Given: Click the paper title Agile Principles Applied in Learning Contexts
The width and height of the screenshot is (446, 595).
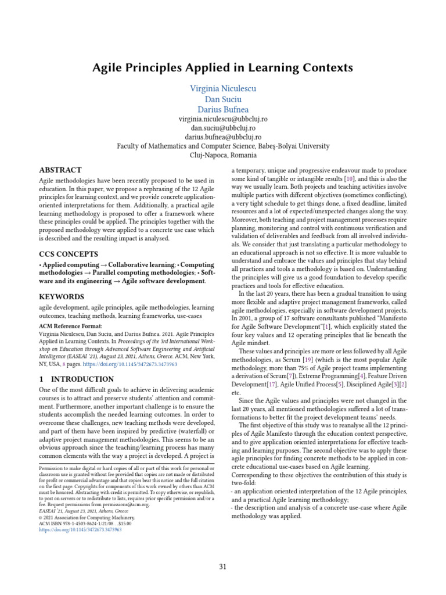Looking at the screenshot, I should pyautogui.click(x=223, y=68).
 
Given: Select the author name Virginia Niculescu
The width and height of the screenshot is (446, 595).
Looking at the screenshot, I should pyautogui.click(x=223, y=89).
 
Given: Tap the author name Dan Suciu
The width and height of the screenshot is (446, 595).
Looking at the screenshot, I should pyautogui.click(x=223, y=99).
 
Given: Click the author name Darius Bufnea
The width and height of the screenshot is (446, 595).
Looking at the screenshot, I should pyautogui.click(x=223, y=110).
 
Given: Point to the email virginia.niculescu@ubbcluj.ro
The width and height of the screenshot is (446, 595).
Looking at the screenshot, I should pyautogui.click(x=223, y=119).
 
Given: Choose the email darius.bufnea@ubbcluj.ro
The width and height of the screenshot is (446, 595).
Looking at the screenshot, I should pyautogui.click(x=223, y=137).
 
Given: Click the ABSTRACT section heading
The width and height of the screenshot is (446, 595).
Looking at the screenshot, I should pyautogui.click(x=60, y=170).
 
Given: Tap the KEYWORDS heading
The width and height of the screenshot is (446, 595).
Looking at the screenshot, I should pyautogui.click(x=62, y=297).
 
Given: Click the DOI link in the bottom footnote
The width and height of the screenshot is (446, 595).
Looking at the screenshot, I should pyautogui.click(x=80, y=531).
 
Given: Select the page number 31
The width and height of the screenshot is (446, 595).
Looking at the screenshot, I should pyautogui.click(x=223, y=567).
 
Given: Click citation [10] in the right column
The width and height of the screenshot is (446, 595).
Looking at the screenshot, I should pyautogui.click(x=350, y=179).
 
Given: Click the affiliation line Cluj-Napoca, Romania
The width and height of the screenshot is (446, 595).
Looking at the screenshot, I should pyautogui.click(x=223, y=155).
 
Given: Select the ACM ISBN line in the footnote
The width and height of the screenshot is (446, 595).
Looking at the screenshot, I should pyautogui.click(x=85, y=524).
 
